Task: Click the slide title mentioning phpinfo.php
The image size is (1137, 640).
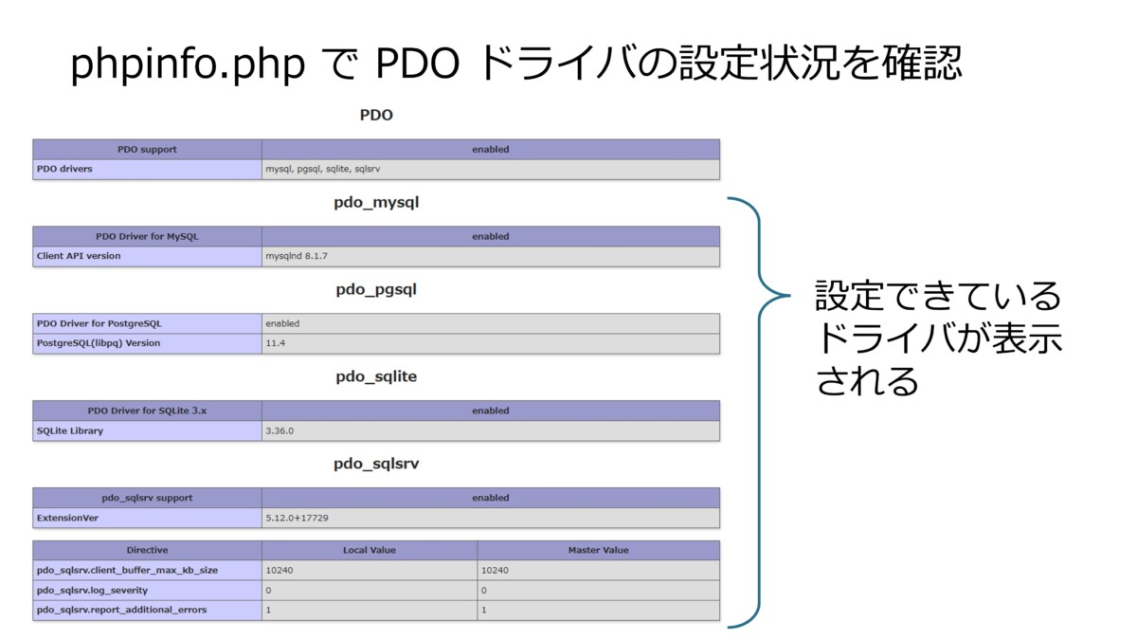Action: [516, 64]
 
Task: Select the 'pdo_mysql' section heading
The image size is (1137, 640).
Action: [376, 203]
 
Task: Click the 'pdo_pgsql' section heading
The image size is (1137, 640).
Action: [376, 290]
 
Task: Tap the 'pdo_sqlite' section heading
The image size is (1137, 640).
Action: [376, 376]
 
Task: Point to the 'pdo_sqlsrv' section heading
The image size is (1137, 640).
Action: [376, 464]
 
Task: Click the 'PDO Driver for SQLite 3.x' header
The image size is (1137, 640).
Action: [147, 411]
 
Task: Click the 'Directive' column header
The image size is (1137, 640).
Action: [147, 550]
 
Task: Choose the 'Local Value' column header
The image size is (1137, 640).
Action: [370, 550]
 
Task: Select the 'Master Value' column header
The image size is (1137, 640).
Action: [598, 550]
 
